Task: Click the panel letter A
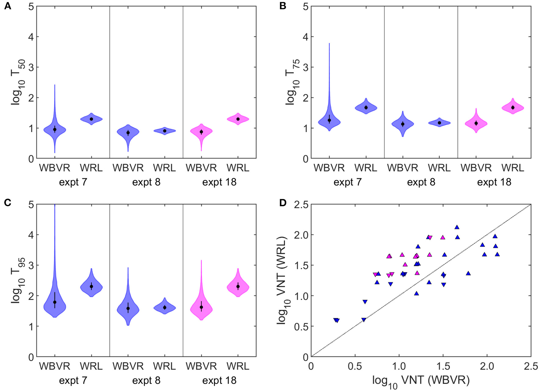(8, 6)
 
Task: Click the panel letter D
(282, 203)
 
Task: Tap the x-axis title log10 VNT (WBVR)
(421, 380)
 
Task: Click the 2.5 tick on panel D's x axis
(531, 366)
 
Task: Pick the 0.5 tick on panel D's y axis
(301, 326)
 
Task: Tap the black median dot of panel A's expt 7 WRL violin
(91, 119)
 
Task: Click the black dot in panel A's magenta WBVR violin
(201, 132)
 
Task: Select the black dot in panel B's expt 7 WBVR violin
(329, 120)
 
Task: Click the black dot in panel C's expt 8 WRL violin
(165, 307)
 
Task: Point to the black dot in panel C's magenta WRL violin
(238, 286)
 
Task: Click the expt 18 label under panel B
(494, 182)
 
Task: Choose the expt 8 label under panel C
(146, 380)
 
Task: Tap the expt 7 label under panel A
(73, 182)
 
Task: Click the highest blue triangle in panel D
(457, 227)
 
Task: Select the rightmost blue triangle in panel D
(497, 254)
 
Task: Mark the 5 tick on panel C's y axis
(31, 204)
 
